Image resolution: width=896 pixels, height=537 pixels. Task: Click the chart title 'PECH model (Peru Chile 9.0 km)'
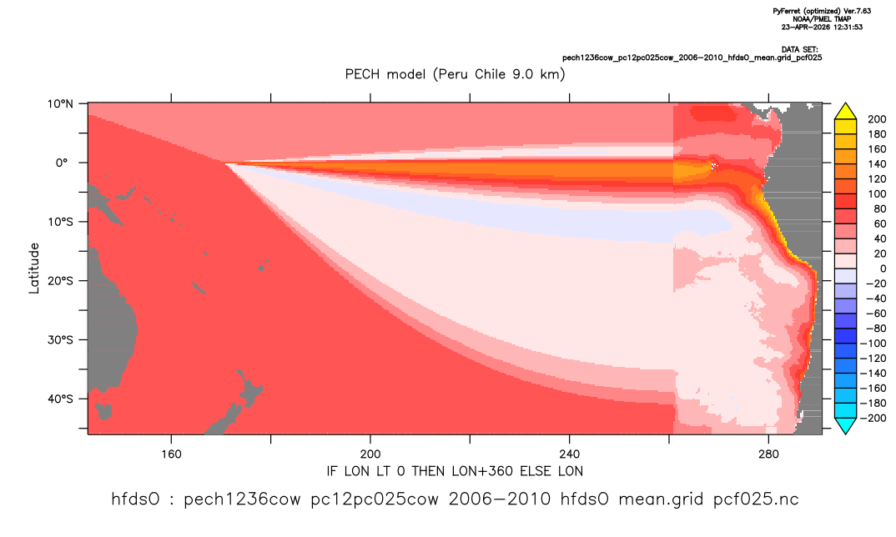pos(455,74)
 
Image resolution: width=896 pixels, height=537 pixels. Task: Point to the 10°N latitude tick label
pos(60,104)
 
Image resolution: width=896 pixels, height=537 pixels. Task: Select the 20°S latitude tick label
pos(60,280)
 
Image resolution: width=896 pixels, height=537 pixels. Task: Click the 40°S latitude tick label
pos(60,399)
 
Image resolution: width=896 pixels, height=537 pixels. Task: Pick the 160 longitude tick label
pos(171,454)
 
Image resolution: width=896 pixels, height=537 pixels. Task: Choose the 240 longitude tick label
pos(570,454)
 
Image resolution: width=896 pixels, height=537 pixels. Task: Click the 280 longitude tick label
pos(768,454)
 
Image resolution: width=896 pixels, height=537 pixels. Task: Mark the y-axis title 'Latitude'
pos(34,268)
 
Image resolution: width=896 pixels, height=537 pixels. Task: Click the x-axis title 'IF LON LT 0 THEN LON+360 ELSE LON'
pos(455,471)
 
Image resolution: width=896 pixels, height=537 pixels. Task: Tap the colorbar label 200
pos(877,119)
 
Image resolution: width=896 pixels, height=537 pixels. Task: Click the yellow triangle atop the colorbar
pos(845,112)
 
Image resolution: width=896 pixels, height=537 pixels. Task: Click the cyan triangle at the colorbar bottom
pos(845,425)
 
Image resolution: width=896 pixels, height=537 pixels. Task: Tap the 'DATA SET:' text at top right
pos(800,50)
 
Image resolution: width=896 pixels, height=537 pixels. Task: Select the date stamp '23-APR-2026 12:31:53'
pos(822,27)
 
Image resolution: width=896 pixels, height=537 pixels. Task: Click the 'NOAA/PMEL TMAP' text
pos(822,19)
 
